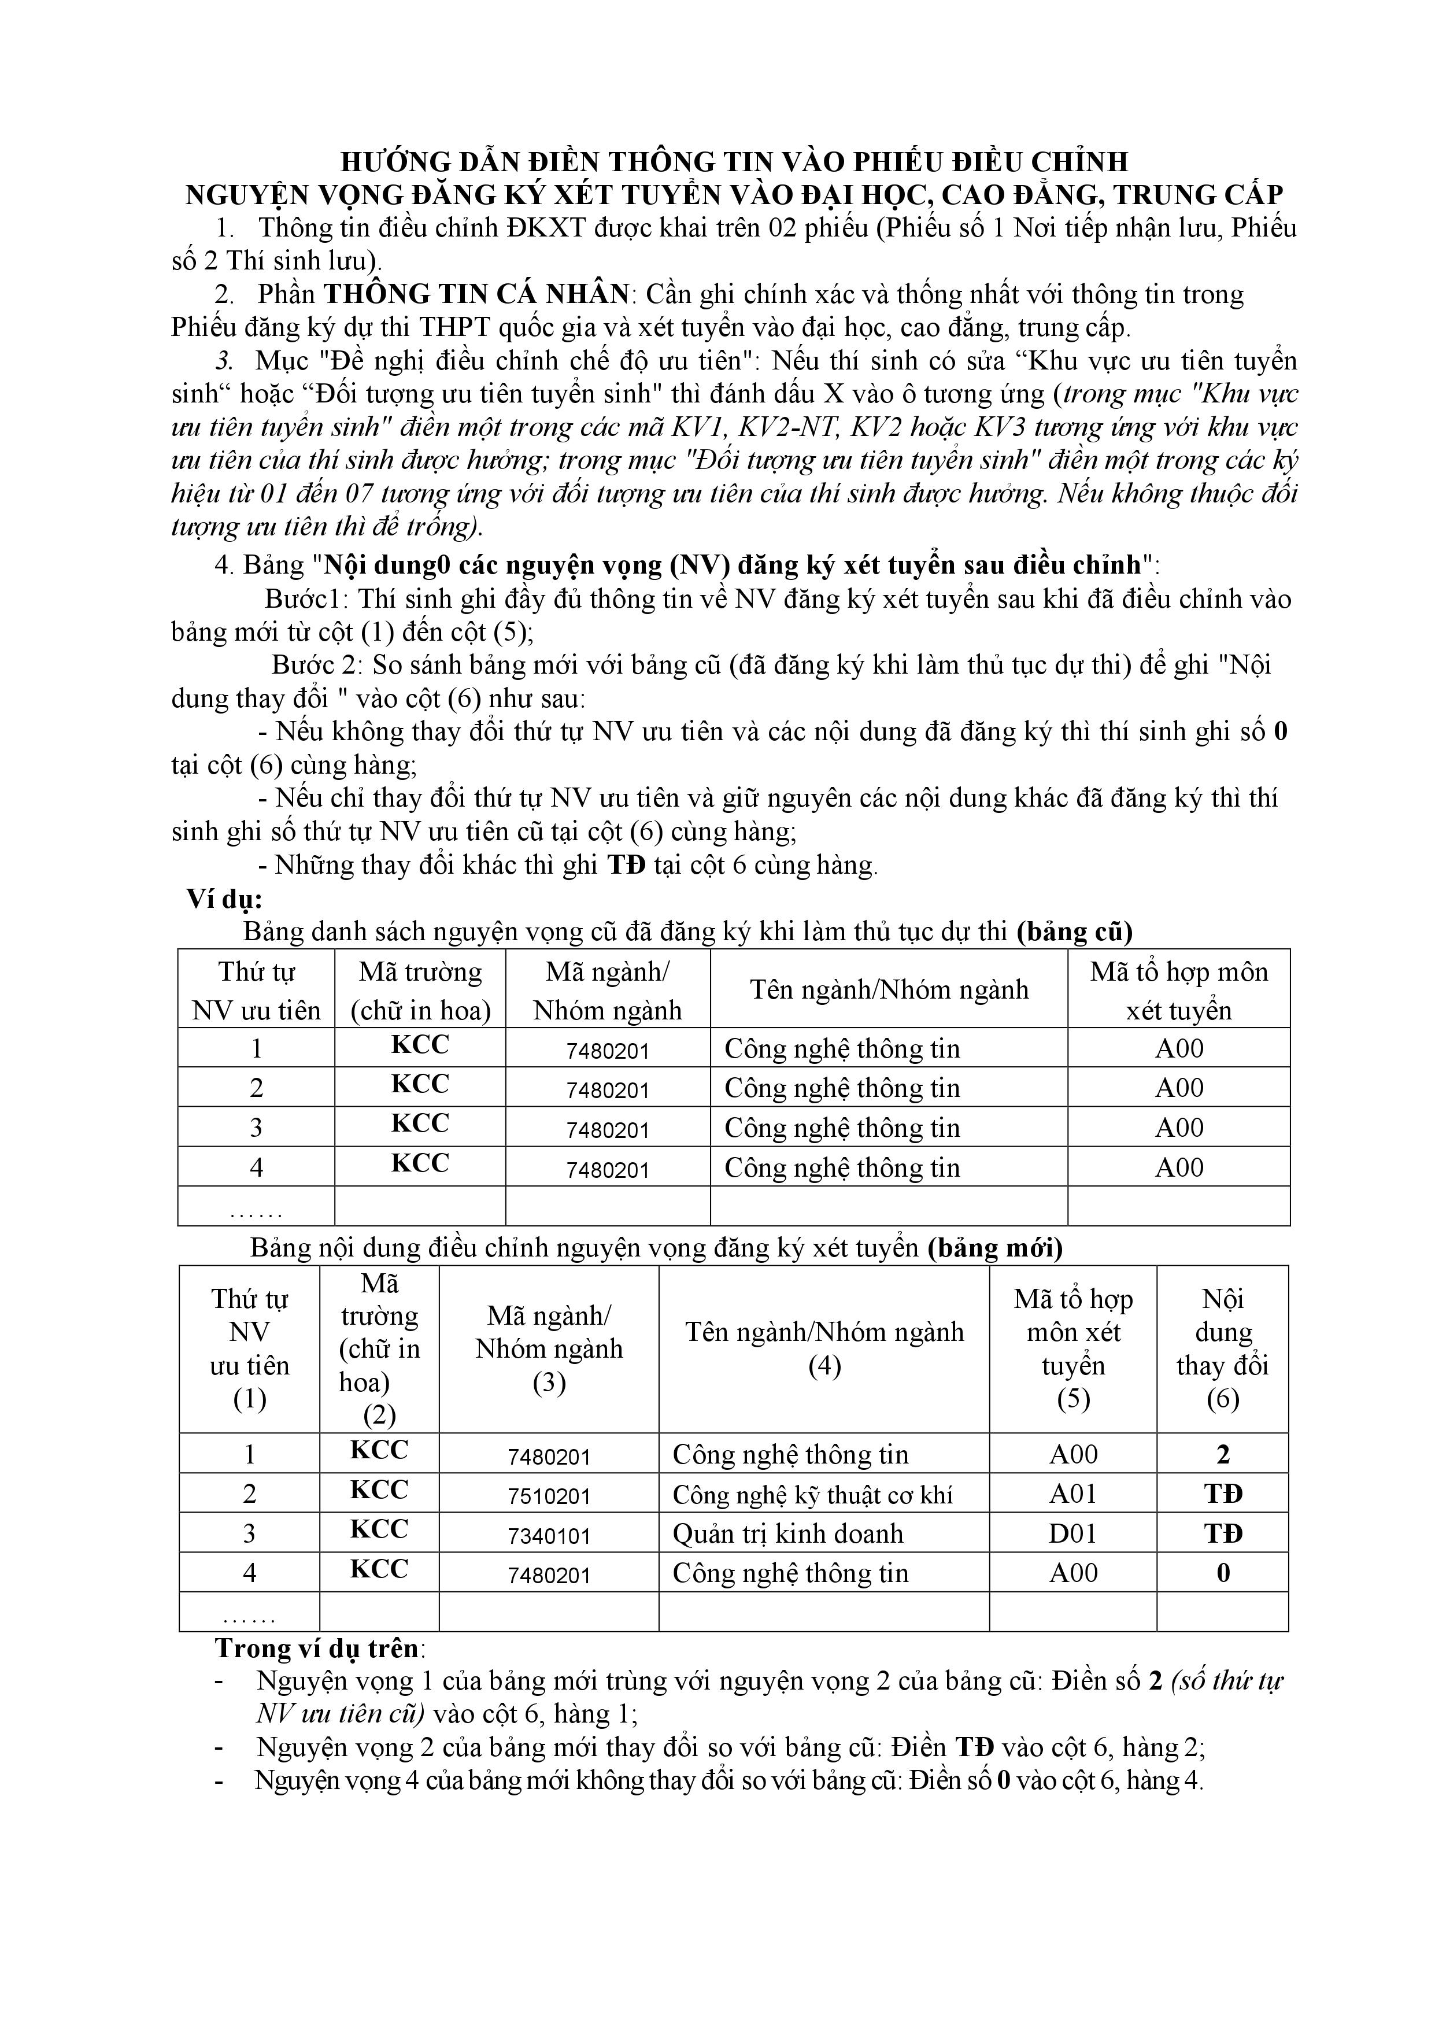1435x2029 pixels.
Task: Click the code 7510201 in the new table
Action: click(549, 1496)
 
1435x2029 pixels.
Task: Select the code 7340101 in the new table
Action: click(549, 1536)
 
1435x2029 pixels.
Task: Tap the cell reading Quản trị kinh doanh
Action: click(787, 1534)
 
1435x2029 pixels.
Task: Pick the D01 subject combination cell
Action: click(1072, 1534)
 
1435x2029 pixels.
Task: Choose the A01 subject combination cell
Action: click(1072, 1494)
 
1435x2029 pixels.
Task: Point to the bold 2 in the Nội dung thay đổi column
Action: click(1223, 1455)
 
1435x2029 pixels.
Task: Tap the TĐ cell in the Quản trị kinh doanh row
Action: click(1223, 1534)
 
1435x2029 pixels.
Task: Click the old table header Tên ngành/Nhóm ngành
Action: click(889, 990)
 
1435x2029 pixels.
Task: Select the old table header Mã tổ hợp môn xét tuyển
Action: click(1179, 991)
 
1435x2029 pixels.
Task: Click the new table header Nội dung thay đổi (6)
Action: click(1222, 1348)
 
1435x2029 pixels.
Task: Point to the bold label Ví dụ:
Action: click(224, 900)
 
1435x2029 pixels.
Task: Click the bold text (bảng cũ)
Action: click(1074, 932)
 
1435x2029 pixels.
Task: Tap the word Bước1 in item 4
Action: click(297, 599)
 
